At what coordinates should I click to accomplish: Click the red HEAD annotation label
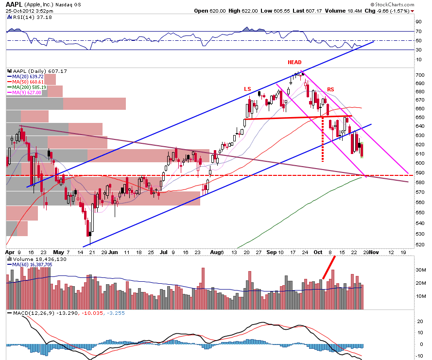click(294, 62)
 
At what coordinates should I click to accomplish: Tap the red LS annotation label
click(247, 89)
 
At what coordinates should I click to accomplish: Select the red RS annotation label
click(330, 89)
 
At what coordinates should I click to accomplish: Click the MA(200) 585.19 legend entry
click(27, 87)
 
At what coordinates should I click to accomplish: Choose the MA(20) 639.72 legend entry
click(25, 77)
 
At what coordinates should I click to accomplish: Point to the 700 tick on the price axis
click(420, 75)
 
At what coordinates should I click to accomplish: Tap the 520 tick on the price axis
click(420, 244)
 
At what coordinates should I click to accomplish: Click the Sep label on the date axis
click(271, 252)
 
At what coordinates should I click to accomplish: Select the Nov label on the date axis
click(374, 252)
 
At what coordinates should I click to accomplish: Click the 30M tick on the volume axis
click(421, 270)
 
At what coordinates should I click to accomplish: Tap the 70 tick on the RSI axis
click(419, 32)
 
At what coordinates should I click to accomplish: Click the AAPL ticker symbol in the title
click(14, 4)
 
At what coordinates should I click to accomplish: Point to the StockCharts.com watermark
click(392, 4)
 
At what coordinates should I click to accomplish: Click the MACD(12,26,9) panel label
click(35, 313)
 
